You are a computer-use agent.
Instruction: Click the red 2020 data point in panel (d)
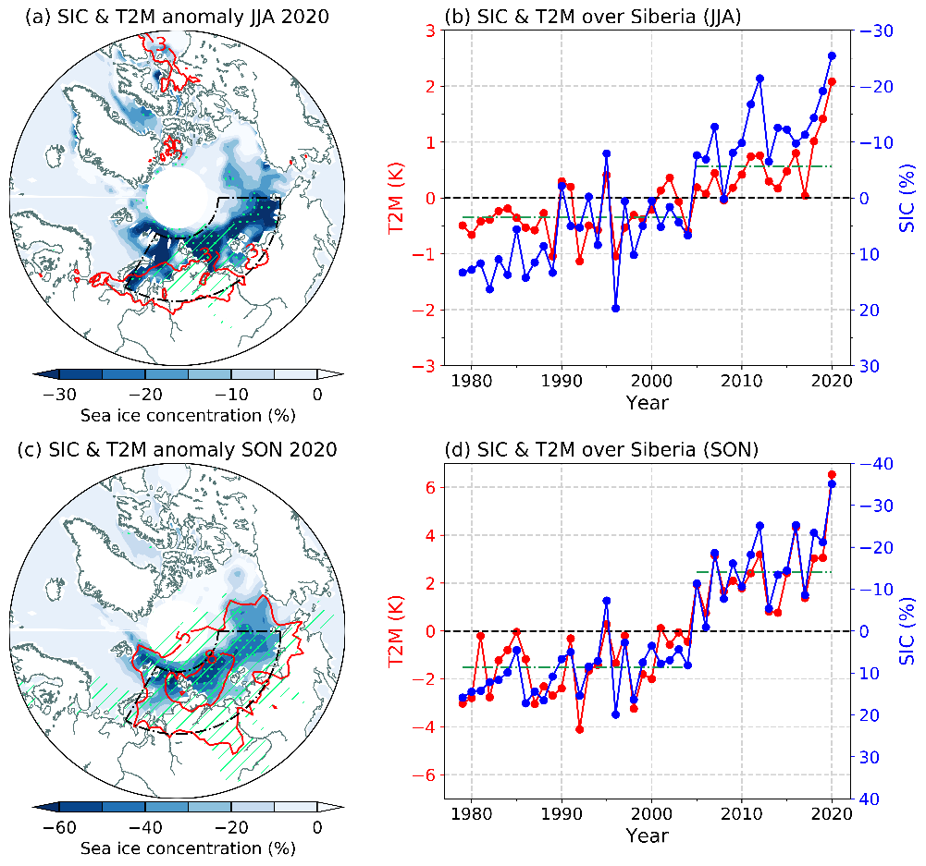click(832, 475)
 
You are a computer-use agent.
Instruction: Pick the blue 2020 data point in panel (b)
click(832, 55)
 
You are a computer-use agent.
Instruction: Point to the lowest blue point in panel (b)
click(615, 309)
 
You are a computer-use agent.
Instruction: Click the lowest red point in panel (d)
click(579, 729)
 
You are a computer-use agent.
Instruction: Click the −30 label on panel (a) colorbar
click(57, 395)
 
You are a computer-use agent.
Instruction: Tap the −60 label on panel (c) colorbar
click(57, 827)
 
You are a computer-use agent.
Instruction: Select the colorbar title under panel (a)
click(175, 413)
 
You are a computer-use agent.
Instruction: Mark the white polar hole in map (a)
click(179, 197)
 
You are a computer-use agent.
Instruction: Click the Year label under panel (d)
click(647, 836)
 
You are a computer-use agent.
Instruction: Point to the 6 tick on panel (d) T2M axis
click(431, 487)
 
